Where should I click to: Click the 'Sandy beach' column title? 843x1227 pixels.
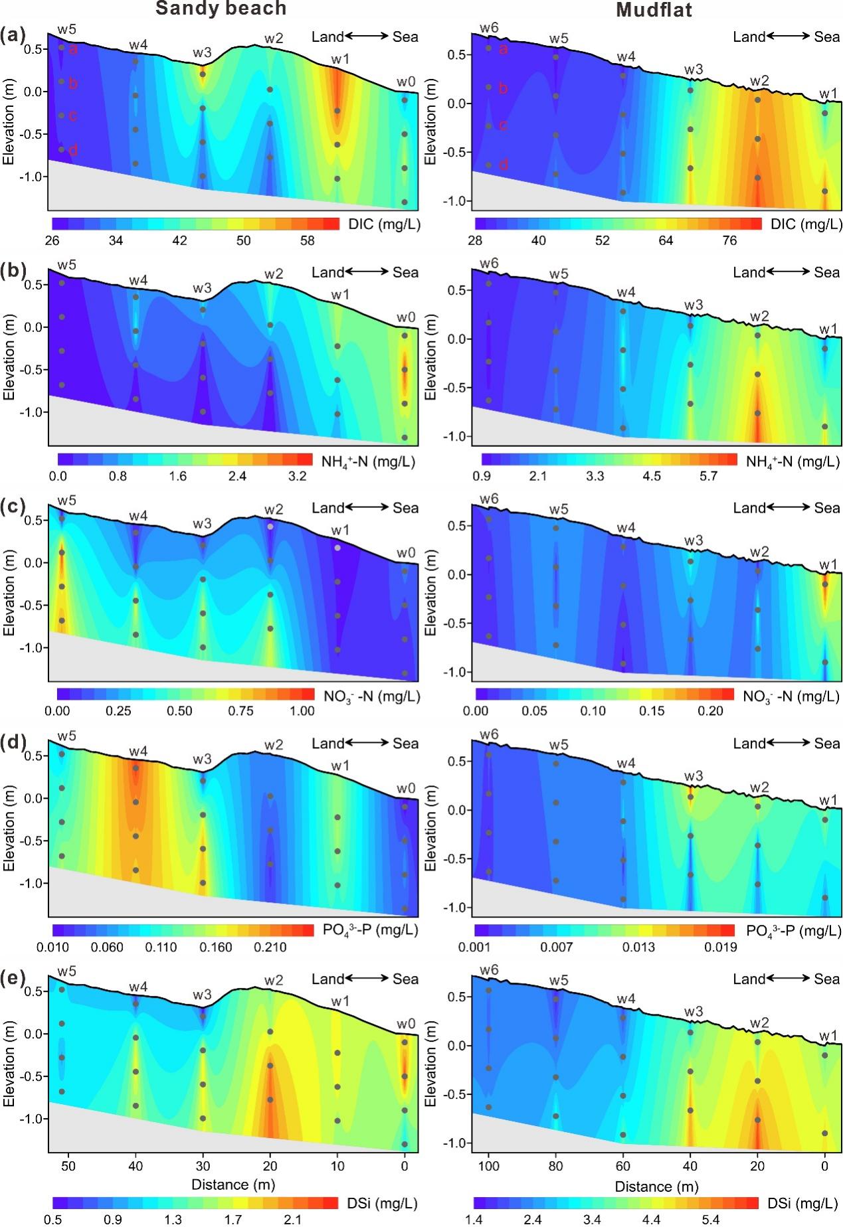click(x=221, y=9)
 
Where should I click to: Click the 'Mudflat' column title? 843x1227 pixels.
click(x=654, y=10)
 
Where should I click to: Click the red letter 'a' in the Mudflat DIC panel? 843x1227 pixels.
click(x=503, y=48)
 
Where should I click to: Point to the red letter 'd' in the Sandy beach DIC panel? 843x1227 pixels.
click(x=73, y=150)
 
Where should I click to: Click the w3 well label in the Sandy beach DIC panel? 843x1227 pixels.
click(x=203, y=52)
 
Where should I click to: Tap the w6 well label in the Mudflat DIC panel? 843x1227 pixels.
click(x=489, y=28)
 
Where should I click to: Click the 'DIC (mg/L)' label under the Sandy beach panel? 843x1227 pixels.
click(x=384, y=224)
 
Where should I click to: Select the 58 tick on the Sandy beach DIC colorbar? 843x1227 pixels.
click(x=307, y=240)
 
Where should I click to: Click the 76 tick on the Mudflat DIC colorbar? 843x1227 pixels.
click(x=729, y=240)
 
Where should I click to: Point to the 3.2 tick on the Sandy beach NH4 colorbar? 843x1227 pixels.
click(x=297, y=476)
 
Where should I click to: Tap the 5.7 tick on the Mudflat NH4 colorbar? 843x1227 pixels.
click(x=709, y=476)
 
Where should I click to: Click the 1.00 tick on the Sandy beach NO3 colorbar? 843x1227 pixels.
click(x=302, y=711)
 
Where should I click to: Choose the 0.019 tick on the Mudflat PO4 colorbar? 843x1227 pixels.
click(x=721, y=947)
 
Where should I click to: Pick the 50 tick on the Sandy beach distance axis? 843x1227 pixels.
click(x=68, y=1166)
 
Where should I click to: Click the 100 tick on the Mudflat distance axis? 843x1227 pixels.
click(x=489, y=1166)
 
